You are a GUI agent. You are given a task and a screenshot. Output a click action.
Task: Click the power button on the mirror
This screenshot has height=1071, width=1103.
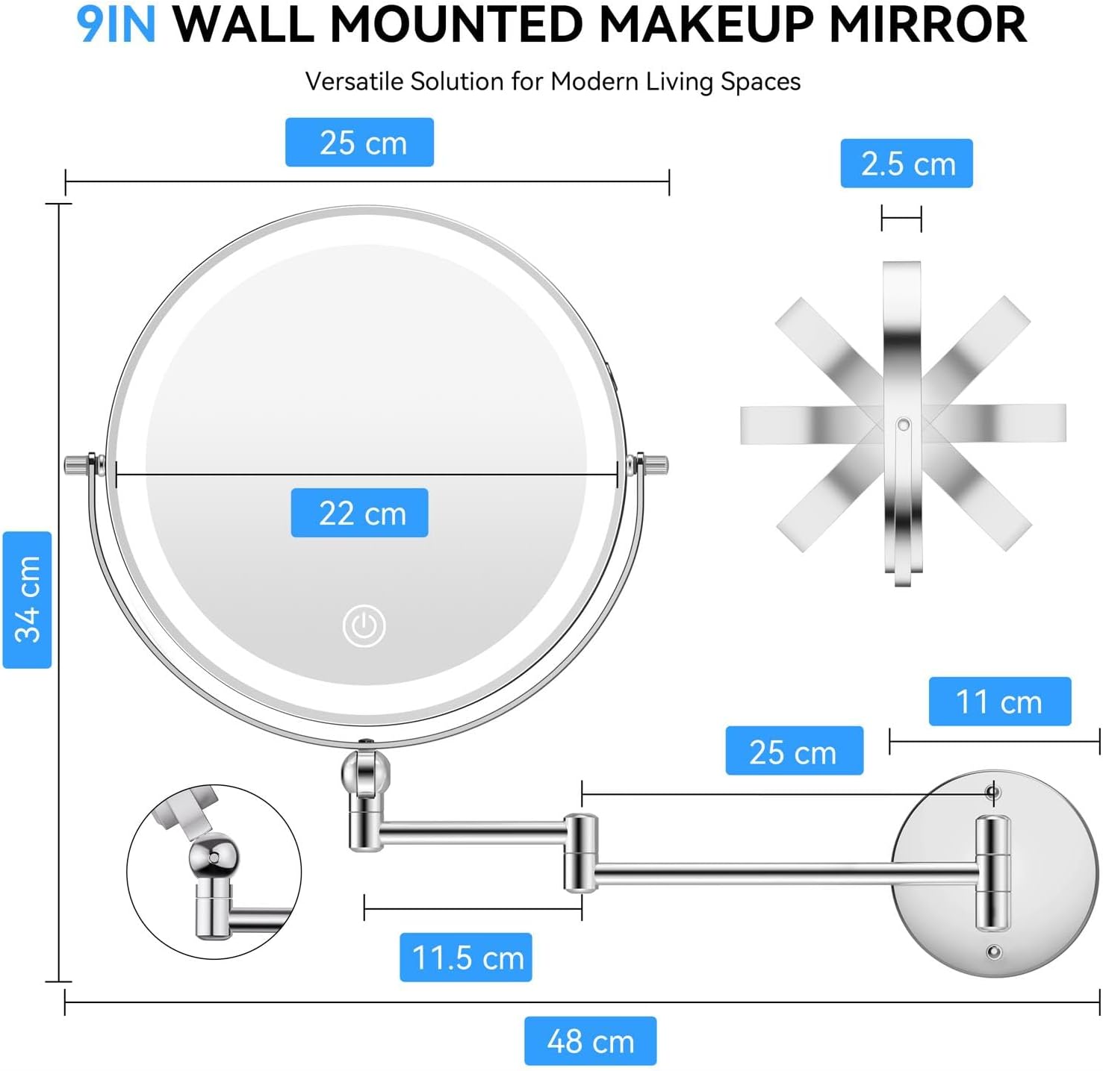click(364, 625)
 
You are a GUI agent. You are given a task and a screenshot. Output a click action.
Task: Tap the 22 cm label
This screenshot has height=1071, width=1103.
click(359, 513)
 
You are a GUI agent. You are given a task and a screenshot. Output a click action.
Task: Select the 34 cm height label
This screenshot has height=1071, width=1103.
click(28, 599)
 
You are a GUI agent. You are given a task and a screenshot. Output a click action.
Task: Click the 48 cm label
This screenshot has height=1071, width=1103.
click(590, 1040)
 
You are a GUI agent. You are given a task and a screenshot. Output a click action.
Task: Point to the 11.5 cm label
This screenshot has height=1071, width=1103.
click(466, 957)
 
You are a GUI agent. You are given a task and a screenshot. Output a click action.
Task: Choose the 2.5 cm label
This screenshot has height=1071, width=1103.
click(907, 163)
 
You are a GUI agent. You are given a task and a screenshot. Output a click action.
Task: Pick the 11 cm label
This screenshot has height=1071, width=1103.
click(999, 702)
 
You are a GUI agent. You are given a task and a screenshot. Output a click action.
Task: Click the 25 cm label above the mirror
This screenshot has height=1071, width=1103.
click(359, 143)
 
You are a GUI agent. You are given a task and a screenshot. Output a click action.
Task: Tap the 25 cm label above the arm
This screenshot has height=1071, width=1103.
click(794, 751)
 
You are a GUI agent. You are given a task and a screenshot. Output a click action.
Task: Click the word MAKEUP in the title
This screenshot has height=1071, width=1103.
click(704, 25)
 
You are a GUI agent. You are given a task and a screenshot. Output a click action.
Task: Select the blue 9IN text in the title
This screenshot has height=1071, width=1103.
click(116, 25)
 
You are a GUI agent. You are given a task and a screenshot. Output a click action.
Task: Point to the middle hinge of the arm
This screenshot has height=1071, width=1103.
click(580, 852)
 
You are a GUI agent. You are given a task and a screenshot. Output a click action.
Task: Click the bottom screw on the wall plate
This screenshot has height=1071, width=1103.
click(994, 952)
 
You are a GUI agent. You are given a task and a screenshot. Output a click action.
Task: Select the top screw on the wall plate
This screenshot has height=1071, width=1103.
click(993, 791)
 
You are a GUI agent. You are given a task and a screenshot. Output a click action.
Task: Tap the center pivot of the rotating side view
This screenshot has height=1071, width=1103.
click(903, 425)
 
